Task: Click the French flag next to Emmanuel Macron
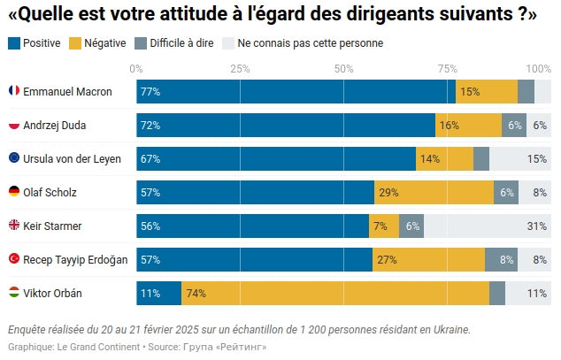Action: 14,91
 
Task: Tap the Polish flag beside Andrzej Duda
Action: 14,125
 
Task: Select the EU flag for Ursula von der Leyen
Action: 14,158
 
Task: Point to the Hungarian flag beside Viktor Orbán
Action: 14,293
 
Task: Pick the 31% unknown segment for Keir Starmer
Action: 488,226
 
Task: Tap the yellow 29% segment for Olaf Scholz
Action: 434,192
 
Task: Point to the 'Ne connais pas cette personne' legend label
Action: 310,43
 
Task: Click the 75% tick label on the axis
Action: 447,68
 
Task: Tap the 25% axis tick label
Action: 240,68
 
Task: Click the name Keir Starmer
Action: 52,226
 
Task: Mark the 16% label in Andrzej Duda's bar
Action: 449,125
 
